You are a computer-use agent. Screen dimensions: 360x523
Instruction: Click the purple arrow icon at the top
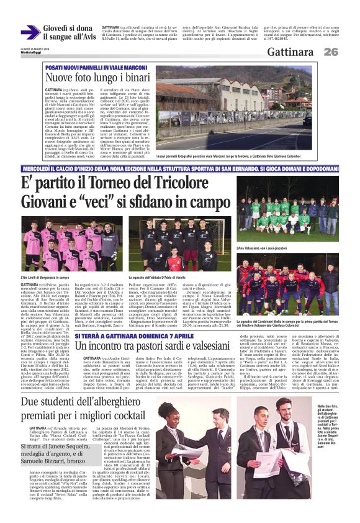click(30, 33)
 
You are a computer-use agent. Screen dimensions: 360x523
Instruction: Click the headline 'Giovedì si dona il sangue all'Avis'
click(68, 33)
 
